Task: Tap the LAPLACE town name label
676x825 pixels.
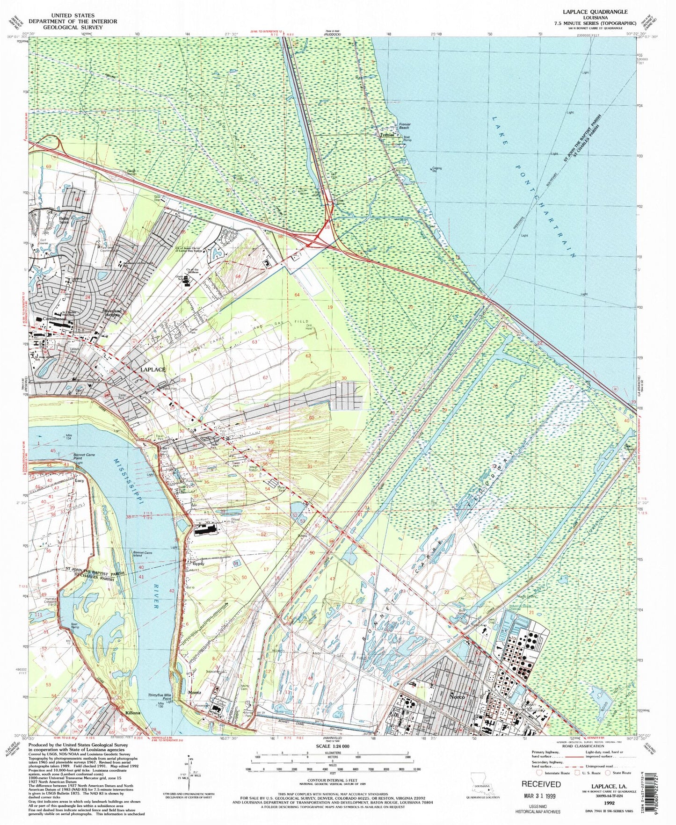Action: click(x=153, y=369)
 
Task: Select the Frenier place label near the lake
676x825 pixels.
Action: click(x=386, y=135)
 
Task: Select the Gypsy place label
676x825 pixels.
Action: click(x=198, y=564)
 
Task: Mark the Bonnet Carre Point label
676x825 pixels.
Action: click(x=84, y=457)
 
